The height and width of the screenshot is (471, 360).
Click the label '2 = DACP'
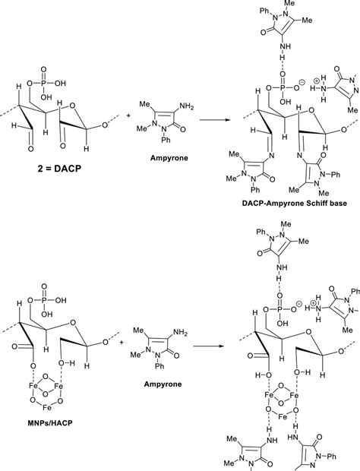tap(59, 169)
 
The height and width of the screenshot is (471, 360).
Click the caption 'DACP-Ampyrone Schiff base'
tap(294, 204)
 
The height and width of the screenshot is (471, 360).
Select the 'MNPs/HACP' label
tap(48, 423)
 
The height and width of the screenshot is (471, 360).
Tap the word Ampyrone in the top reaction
tap(169, 158)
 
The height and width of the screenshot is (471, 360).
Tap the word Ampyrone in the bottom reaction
tap(163, 384)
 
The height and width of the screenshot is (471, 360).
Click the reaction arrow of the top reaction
tap(215, 120)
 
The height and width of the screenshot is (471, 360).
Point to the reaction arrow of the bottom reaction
tap(209, 346)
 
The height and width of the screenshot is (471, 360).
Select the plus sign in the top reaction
tap(128, 115)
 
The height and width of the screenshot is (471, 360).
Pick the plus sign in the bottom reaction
tap(122, 342)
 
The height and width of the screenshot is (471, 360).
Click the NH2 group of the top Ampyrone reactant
tap(186, 106)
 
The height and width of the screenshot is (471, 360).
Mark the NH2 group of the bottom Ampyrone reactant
tap(180, 333)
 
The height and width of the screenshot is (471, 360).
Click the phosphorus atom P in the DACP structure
tap(44, 84)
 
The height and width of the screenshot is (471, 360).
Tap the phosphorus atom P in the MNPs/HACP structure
tap(44, 300)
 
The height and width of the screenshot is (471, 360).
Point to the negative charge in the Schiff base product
tap(302, 81)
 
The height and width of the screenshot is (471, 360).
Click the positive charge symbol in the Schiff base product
tap(317, 81)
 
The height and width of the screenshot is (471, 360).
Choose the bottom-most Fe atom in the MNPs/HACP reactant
tap(46, 408)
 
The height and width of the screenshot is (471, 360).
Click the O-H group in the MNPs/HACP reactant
tap(67, 363)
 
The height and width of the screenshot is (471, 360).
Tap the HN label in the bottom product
tap(292, 437)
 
